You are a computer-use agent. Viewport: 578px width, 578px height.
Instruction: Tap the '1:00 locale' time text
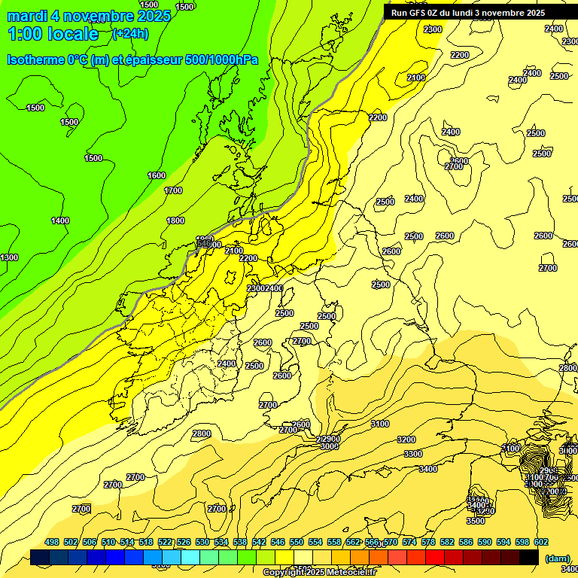tap(53, 33)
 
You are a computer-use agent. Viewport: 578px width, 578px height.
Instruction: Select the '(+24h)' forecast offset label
tap(130, 33)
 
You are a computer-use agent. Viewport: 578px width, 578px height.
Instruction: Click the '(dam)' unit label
tap(557, 558)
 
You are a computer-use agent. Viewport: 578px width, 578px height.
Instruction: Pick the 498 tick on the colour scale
tap(52, 542)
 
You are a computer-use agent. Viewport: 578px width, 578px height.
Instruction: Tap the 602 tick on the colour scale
tap(541, 542)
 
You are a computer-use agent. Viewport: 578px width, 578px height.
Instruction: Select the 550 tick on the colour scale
tap(297, 542)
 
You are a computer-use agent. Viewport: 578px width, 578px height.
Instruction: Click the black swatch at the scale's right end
tap(529, 557)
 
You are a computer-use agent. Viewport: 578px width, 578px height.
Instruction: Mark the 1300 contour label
tap(9, 258)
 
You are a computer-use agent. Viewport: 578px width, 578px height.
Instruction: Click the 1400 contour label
tap(60, 221)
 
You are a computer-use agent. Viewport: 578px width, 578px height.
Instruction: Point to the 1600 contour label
tap(157, 175)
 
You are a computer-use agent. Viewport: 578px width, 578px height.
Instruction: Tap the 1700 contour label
tap(173, 190)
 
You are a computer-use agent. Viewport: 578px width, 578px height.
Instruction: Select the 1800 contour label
tap(175, 221)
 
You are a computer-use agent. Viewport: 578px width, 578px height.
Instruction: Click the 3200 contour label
tap(406, 440)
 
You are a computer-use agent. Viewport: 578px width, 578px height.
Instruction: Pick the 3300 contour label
tap(413, 454)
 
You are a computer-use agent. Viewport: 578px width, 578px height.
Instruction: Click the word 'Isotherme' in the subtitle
tap(35, 59)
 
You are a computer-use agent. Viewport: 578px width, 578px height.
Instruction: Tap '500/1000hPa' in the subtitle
tap(227, 59)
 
